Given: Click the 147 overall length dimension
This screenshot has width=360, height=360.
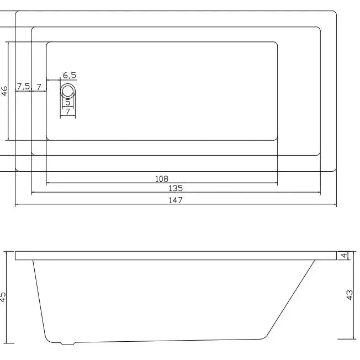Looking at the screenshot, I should (176, 200).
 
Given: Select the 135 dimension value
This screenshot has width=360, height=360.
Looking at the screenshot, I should (176, 189).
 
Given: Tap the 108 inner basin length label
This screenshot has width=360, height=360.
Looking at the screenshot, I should (162, 178).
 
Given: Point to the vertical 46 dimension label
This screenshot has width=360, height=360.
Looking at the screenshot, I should (4, 91).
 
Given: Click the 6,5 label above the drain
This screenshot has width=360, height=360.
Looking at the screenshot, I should (70, 75).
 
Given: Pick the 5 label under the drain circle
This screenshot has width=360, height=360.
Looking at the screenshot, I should (68, 102).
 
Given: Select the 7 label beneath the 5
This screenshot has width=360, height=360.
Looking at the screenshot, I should (68, 112).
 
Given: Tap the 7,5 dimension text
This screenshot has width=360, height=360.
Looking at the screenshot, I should (24, 86).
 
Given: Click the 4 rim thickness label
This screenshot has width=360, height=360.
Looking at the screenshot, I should (344, 255).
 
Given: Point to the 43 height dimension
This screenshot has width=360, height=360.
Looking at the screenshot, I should (350, 295).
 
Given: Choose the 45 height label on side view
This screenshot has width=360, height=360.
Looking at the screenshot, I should (3, 297).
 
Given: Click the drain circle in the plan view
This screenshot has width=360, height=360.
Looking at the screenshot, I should (68, 91).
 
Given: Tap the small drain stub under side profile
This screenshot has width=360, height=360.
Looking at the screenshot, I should (67, 343).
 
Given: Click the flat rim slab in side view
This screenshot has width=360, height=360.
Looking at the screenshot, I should (176, 255).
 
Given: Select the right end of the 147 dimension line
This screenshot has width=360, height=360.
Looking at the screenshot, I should (336, 205).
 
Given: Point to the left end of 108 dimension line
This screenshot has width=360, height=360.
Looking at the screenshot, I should (46, 183).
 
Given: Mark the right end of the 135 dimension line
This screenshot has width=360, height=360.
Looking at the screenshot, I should (320, 193).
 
